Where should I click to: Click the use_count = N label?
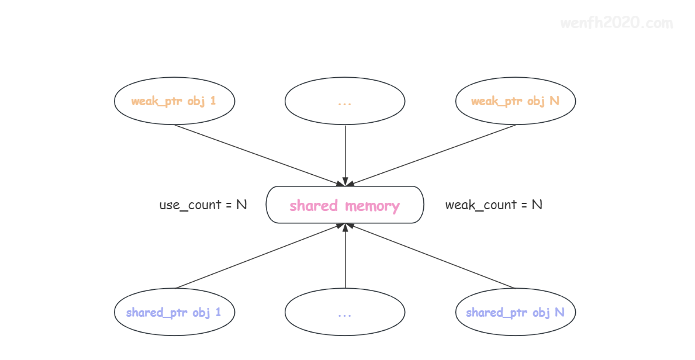coord(203,205)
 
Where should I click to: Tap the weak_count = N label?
coord(494,205)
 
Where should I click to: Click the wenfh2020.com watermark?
coord(617,23)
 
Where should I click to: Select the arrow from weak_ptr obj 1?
coord(260,155)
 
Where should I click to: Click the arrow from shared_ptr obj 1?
coord(260,256)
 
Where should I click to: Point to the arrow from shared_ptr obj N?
coord(430,256)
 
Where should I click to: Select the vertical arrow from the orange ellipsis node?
coord(345,155)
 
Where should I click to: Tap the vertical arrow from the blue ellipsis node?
coord(345,256)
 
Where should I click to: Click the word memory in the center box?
coord(372,206)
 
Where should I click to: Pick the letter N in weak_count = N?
coord(537,205)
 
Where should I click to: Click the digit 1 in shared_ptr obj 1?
coord(218,312)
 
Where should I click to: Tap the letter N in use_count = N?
coord(241,205)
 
